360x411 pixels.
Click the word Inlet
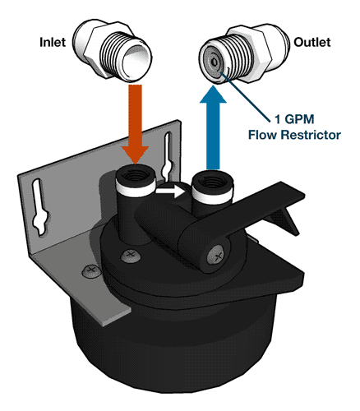(53, 42)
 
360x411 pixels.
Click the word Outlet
(312, 42)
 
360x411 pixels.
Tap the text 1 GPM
(294, 119)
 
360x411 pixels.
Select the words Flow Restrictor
(294, 135)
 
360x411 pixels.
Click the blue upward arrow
(213, 127)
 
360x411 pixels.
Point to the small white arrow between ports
(170, 191)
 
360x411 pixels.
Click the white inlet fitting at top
(113, 51)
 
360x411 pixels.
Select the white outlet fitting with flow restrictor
(243, 53)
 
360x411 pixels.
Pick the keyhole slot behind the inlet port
(168, 155)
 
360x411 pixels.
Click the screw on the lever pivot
(217, 256)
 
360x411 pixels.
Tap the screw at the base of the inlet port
(131, 256)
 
